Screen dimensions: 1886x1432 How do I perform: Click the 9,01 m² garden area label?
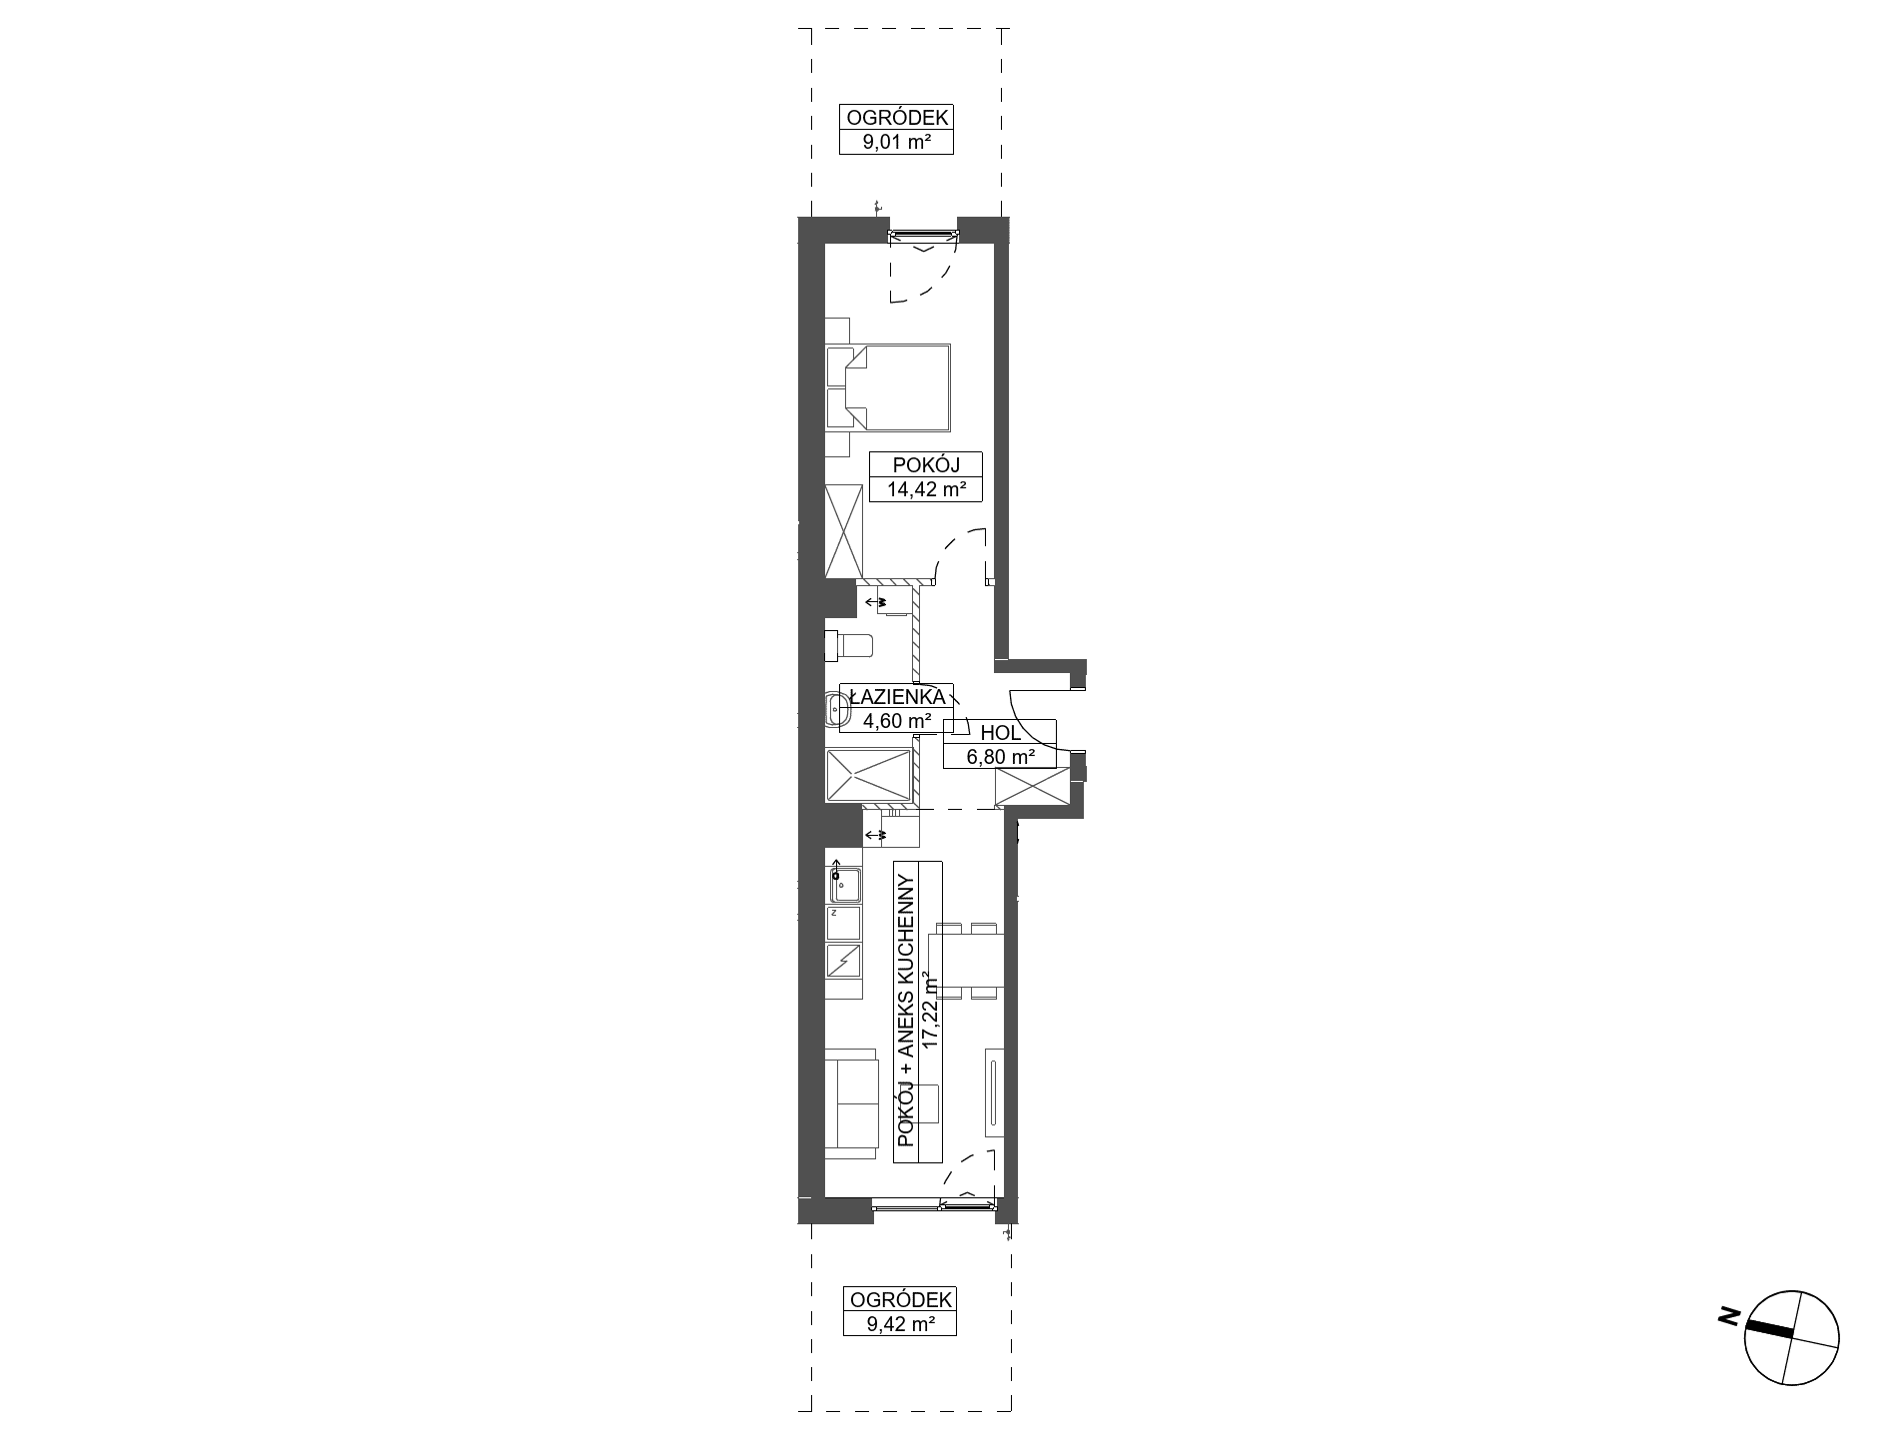click(x=895, y=142)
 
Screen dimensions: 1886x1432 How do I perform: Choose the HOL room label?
click(x=1000, y=732)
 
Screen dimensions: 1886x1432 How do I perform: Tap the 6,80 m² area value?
click(x=1000, y=757)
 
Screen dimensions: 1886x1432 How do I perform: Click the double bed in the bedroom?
click(x=887, y=387)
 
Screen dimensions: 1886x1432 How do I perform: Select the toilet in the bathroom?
click(x=849, y=645)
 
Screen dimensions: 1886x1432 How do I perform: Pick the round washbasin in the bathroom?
click(x=836, y=711)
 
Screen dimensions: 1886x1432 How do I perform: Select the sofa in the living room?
click(x=851, y=1103)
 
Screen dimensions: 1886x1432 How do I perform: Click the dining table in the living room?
click(x=966, y=961)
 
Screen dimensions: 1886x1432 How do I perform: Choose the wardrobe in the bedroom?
click(x=844, y=531)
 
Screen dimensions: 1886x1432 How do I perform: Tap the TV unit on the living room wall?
click(x=994, y=1092)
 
